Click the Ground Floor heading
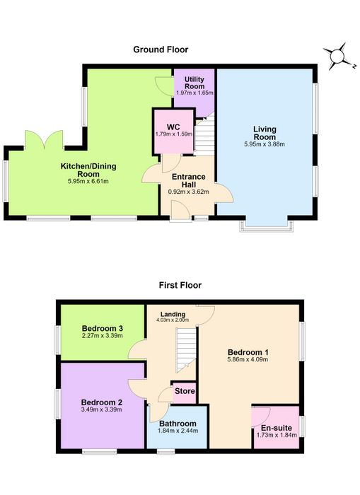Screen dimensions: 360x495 tap(161, 49)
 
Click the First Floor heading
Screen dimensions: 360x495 tap(180, 286)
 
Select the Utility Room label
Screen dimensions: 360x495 tap(194, 83)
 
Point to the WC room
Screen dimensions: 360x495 tap(173, 132)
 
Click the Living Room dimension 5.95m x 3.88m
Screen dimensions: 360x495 tap(265, 144)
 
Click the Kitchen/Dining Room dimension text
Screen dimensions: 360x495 tap(88, 181)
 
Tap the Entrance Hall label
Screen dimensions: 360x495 tap(189, 180)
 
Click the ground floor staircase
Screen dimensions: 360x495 tap(204, 136)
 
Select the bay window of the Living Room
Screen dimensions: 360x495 tap(266, 226)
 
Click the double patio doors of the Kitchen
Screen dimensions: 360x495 tap(45, 140)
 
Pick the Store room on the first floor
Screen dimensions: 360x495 tap(185, 392)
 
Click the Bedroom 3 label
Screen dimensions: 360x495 tap(103, 328)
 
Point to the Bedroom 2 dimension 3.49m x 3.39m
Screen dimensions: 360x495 tap(101, 409)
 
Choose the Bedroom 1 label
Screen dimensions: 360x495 tap(248, 352)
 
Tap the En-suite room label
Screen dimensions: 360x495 tap(277, 428)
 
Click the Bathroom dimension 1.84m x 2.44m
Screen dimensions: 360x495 tap(178, 431)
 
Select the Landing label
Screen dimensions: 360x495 tap(173, 314)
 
